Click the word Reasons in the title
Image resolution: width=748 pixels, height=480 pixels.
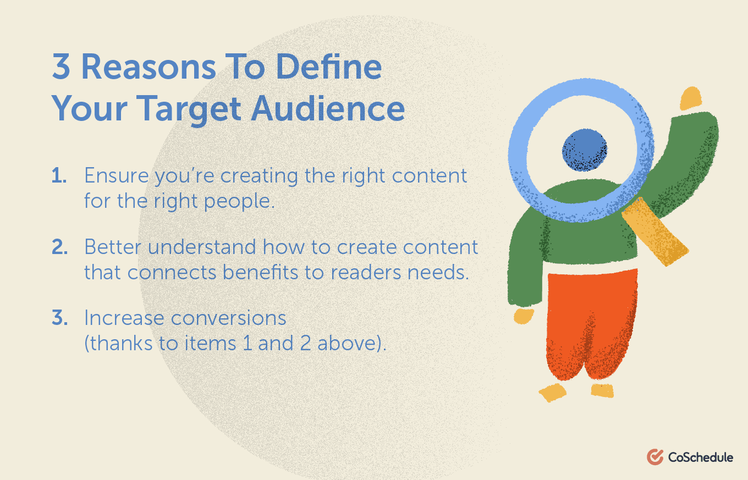point(148,67)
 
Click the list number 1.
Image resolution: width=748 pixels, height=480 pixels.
point(59,175)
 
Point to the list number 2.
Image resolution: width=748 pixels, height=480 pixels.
point(60,247)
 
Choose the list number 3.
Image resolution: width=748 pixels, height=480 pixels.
point(60,317)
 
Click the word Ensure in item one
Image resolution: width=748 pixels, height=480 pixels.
point(117,175)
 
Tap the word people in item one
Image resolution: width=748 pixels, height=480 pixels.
point(239,202)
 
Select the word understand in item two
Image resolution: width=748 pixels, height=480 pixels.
point(202,247)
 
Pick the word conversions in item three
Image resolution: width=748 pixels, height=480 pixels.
point(229,318)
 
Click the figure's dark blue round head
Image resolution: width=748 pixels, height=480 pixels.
point(584,150)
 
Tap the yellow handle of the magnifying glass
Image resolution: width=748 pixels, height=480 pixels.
point(655,231)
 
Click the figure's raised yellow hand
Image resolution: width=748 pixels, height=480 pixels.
point(691,98)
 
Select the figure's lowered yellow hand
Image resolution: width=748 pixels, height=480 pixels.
point(523,316)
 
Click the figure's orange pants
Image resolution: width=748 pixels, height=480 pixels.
point(592,324)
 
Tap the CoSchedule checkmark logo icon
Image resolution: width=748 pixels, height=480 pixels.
point(655,457)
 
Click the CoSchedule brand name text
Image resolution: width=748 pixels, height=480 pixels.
point(701,457)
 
